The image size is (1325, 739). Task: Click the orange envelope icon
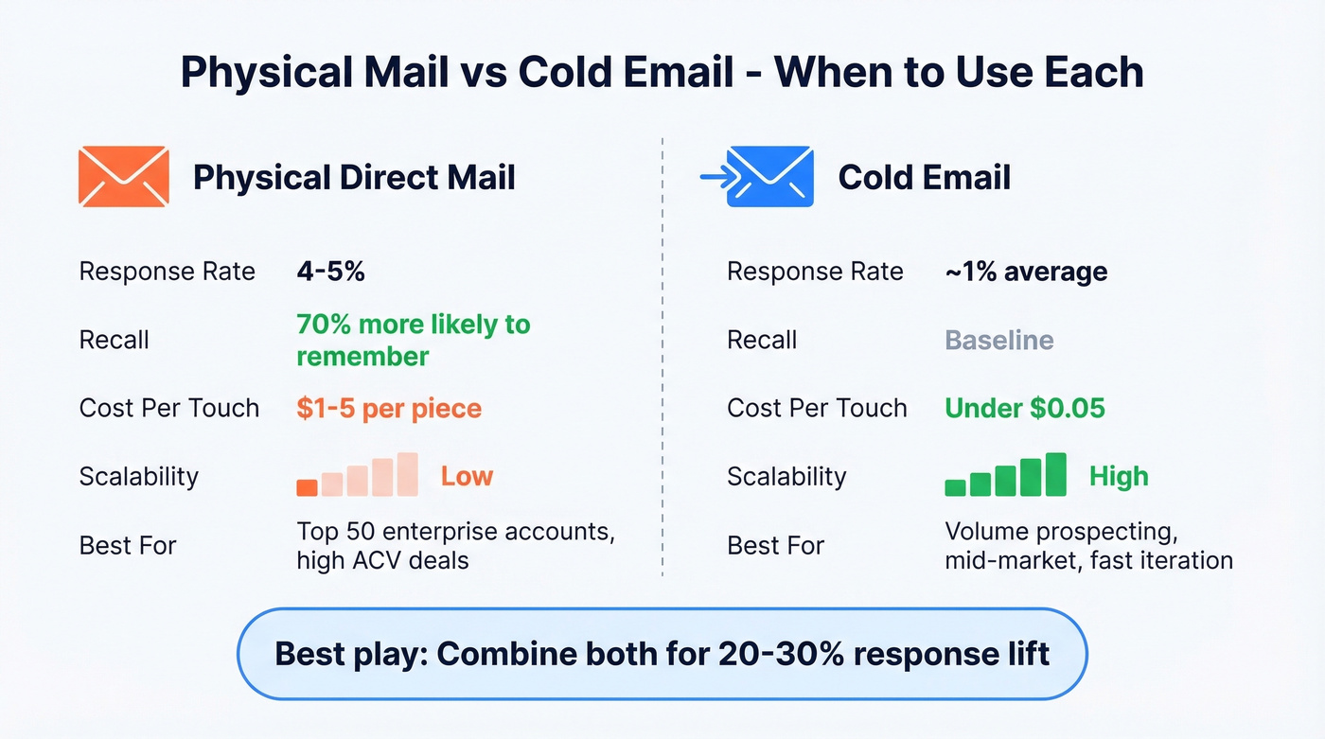(x=124, y=177)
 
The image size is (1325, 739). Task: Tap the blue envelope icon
(x=769, y=177)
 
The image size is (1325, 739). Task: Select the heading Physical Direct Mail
(x=354, y=178)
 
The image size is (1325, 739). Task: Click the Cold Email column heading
(x=924, y=178)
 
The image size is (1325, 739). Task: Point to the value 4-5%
(x=330, y=273)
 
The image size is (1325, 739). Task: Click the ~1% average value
(x=1025, y=273)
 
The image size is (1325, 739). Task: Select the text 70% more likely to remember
(x=413, y=340)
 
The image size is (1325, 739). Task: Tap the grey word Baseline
(x=998, y=341)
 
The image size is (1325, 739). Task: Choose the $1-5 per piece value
(x=389, y=409)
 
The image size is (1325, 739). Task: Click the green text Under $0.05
(x=1024, y=409)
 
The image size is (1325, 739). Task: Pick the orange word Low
(x=467, y=476)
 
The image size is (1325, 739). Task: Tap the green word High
(x=1118, y=476)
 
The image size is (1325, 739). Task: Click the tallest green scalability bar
(x=1055, y=474)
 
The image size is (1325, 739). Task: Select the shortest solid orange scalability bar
(x=307, y=487)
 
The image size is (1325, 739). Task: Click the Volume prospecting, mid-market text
(x=1087, y=545)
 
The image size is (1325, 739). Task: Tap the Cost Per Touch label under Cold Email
(x=816, y=409)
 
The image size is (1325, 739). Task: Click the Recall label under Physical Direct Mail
(x=114, y=341)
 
